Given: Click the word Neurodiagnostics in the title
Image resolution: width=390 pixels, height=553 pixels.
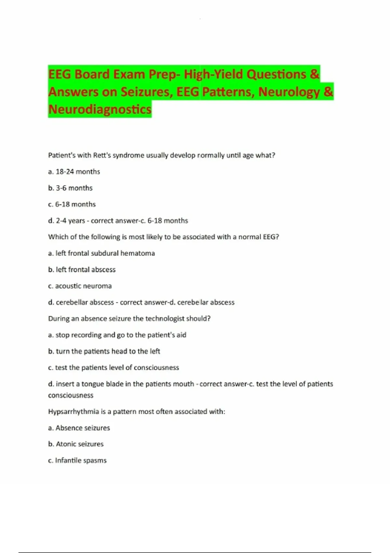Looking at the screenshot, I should [100, 109].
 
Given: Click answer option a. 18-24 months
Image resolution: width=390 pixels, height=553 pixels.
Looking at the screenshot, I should [74, 172].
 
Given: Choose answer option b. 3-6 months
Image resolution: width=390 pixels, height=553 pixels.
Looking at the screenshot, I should [70, 188].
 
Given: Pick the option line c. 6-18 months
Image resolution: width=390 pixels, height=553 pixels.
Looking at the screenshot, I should [72, 204].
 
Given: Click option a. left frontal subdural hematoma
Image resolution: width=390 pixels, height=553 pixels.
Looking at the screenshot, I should [101, 253].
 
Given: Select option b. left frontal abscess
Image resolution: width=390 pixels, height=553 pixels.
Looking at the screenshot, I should [82, 270].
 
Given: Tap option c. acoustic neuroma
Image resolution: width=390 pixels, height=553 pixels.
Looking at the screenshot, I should [80, 286].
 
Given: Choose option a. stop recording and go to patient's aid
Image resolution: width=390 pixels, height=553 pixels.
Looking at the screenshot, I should [117, 335].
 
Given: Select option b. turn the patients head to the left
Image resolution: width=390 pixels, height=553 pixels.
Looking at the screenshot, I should [104, 351].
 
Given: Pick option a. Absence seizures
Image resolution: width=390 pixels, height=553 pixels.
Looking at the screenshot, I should [79, 428].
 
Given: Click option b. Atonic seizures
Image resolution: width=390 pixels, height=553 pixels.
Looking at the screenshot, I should [76, 444].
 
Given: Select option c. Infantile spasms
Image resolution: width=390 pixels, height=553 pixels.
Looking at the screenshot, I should [77, 461].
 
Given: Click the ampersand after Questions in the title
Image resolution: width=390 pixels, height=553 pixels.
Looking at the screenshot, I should [314, 74].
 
